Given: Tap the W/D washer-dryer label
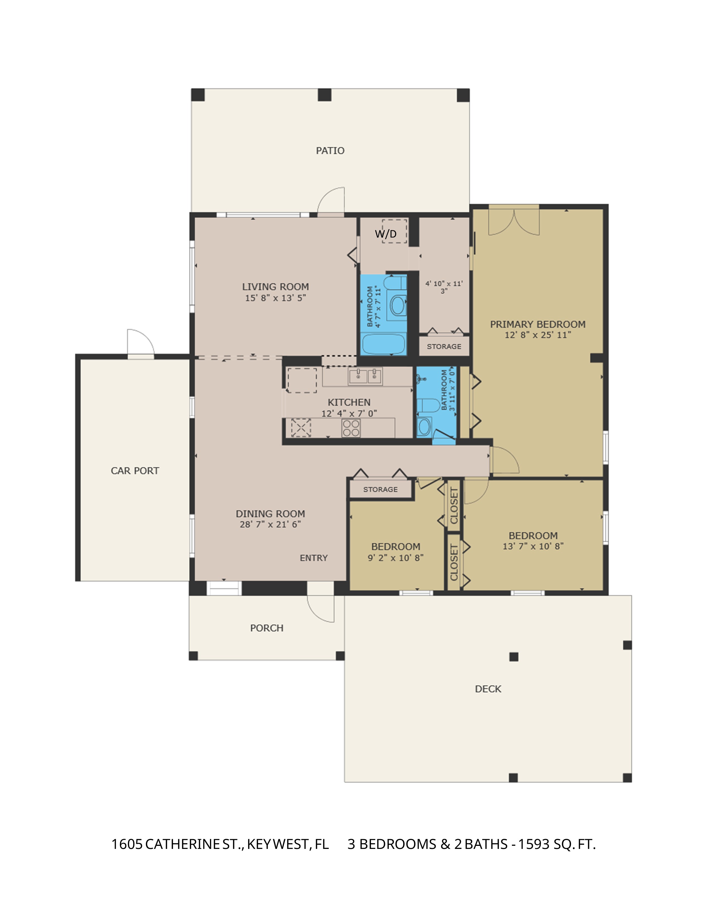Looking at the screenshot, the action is click(386, 234).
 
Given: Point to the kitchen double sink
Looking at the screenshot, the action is click(365, 376).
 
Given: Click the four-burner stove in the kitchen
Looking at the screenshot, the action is click(351, 428).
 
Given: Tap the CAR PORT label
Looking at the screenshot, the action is click(135, 471).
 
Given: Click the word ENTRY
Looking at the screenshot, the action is click(314, 558).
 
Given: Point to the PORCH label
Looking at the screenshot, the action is click(267, 628).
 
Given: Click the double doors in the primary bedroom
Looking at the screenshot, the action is click(514, 221).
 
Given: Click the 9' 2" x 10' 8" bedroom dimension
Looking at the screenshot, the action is click(396, 558).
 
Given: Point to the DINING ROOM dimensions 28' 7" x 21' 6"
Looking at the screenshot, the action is click(270, 524).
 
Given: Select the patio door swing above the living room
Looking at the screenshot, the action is click(331, 201).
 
